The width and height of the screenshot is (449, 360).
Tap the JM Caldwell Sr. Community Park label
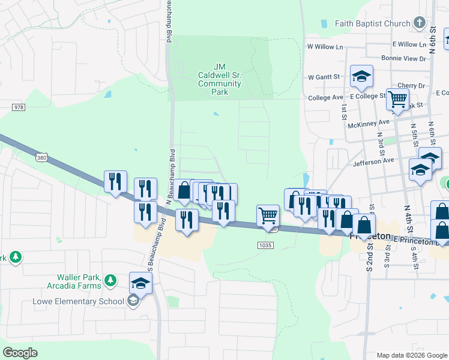click(220, 80)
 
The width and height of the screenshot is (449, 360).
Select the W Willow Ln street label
click(325, 46)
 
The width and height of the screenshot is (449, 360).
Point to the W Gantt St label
click(324, 77)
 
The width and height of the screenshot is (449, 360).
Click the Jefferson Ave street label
click(373, 161)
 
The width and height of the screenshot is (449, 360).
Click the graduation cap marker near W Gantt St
click(362, 77)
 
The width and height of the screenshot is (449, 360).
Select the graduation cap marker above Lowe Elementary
click(140, 283)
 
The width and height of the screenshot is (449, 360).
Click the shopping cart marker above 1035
click(268, 215)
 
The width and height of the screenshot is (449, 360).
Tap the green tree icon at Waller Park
click(110, 280)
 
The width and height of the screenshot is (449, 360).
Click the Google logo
click(20, 353)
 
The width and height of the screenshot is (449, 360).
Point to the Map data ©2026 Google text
click(412, 355)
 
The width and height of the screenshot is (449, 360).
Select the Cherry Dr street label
click(415, 86)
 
